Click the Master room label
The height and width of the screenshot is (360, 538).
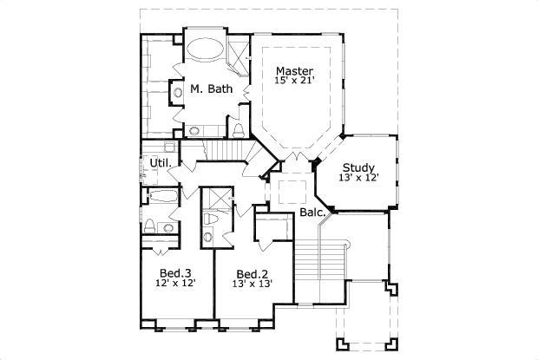pyautogui.click(x=294, y=70)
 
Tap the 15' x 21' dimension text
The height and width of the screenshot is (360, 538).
pyautogui.click(x=294, y=82)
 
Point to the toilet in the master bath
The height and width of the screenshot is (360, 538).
pyautogui.click(x=237, y=131)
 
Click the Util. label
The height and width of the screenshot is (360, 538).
pyautogui.click(x=160, y=163)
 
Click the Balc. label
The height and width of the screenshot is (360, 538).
pyautogui.click(x=312, y=211)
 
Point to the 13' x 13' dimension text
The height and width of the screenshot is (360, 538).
pyautogui.click(x=253, y=282)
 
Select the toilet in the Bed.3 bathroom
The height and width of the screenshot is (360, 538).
pyautogui.click(x=150, y=227)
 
